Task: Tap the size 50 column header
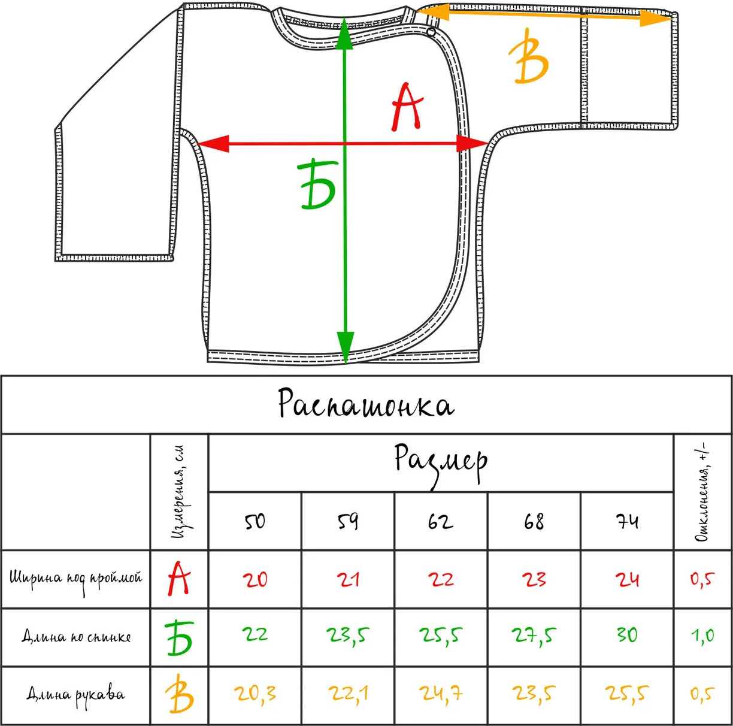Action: (255, 521)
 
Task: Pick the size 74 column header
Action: (627, 521)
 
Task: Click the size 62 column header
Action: (441, 521)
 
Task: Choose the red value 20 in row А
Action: (255, 579)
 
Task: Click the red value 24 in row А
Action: (627, 579)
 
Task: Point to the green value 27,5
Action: (534, 636)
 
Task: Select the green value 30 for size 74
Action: (627, 635)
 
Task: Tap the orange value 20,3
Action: (255, 693)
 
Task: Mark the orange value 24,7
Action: (441, 693)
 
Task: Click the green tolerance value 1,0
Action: (702, 636)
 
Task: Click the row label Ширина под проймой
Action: (75, 579)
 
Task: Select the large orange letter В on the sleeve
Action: (529, 56)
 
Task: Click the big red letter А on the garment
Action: (407, 107)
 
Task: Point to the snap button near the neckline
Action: (431, 32)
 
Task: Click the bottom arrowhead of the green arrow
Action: (346, 347)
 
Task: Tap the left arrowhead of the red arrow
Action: (213, 144)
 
